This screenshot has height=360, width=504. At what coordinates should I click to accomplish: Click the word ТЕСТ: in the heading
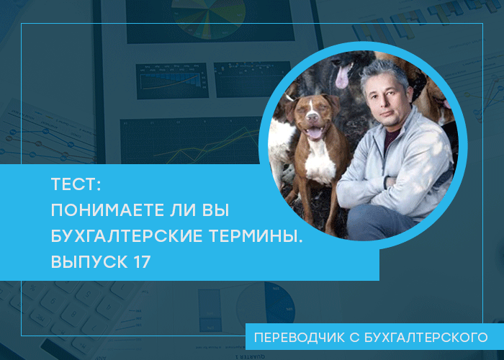point(76,184)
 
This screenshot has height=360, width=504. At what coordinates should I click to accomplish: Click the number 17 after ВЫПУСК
point(141,262)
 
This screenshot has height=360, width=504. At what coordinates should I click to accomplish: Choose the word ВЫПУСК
point(89,262)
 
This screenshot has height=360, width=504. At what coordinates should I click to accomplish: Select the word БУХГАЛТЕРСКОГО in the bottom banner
point(426,338)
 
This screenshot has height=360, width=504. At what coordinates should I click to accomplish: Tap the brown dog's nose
point(311,116)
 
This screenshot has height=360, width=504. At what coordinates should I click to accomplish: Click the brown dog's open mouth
point(314,132)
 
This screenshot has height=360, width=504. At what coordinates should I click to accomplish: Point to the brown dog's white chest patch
point(319,163)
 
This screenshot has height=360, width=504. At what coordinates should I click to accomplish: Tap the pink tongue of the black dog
point(342,76)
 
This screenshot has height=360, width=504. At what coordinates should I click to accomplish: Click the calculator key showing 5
point(88,294)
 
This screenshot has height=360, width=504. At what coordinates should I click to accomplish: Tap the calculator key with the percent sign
point(32,288)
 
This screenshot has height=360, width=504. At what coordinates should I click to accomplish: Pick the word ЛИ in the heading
point(182,210)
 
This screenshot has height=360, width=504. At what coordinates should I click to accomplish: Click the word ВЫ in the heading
point(216,210)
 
